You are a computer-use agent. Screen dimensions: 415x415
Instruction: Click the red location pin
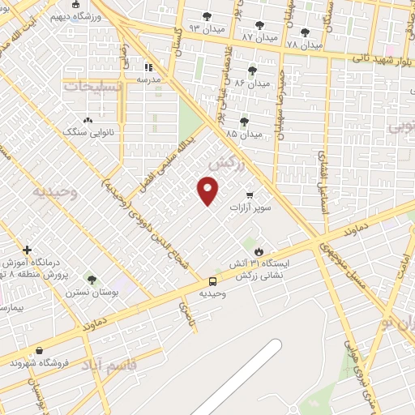(x=207, y=191)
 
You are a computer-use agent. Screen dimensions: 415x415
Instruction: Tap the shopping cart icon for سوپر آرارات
(x=249, y=195)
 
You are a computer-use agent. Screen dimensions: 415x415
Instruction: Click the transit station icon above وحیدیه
(x=212, y=281)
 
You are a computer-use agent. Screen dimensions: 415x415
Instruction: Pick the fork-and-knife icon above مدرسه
(x=148, y=67)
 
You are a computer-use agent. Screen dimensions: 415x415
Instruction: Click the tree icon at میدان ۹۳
(x=207, y=15)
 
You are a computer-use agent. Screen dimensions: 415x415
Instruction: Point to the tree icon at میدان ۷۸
(x=305, y=32)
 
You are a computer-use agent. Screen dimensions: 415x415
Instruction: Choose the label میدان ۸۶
(x=252, y=83)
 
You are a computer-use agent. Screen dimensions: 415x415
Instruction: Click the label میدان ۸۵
(x=244, y=133)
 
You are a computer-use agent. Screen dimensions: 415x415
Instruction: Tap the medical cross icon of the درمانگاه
(x=27, y=250)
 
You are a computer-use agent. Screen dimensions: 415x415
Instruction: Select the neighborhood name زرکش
(x=226, y=164)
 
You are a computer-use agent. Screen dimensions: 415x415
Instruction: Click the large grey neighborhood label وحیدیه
(x=53, y=192)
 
